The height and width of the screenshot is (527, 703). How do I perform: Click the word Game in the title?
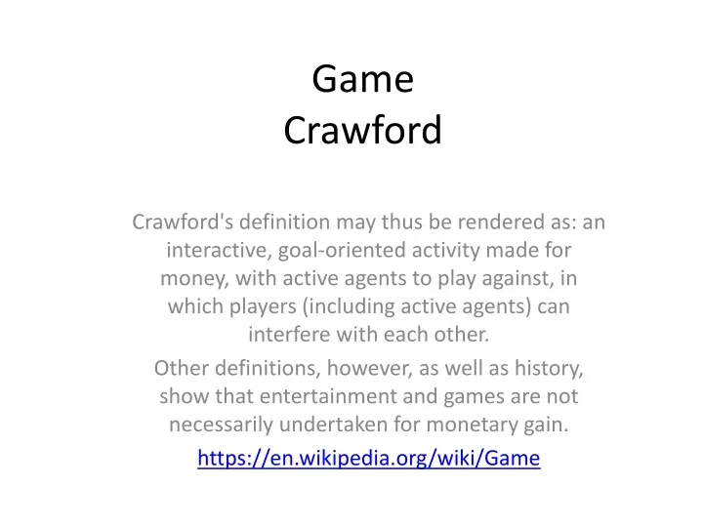pos(362,79)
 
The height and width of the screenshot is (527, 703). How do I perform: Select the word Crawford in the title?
pos(362,130)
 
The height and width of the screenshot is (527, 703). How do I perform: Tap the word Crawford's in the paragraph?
pos(183,222)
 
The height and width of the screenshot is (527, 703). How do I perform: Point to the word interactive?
pos(219,250)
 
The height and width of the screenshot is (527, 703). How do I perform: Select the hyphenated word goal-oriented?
pos(342,250)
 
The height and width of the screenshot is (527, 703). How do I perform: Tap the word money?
pos(194,279)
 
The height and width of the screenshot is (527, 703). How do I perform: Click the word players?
pos(263,306)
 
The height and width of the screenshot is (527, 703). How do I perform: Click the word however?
pos(369,368)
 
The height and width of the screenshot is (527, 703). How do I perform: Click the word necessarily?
pos(221,425)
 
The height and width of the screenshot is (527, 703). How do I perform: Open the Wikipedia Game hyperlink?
pos(368,458)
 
